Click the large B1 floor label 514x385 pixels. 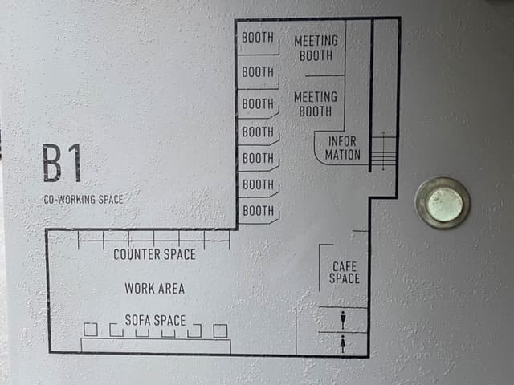(x=62, y=163)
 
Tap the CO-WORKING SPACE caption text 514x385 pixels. (x=84, y=200)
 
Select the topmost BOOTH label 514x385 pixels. (x=258, y=38)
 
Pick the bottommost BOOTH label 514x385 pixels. (x=259, y=211)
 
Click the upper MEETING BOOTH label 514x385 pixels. (x=316, y=48)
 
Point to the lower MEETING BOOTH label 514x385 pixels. (x=316, y=104)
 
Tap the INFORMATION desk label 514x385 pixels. (x=343, y=148)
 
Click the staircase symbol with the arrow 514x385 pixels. (x=384, y=151)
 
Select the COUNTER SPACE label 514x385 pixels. (x=154, y=254)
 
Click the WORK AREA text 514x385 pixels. (x=155, y=289)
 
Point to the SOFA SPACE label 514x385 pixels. (x=155, y=320)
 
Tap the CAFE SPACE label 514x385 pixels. (x=345, y=273)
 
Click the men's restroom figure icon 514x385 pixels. (x=343, y=320)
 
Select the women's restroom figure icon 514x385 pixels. (x=343, y=344)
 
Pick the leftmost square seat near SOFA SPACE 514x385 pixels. (x=91, y=330)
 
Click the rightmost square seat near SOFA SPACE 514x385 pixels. (x=220, y=331)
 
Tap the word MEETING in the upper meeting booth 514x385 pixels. (x=316, y=41)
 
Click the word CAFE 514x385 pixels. (x=345, y=266)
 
